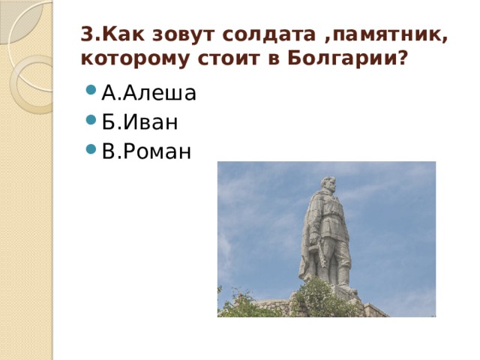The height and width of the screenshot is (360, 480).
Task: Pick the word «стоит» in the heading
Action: coord(222,58)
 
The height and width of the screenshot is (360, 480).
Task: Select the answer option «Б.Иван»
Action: coord(139,122)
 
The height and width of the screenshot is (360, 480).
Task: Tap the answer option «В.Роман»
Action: coord(146,151)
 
